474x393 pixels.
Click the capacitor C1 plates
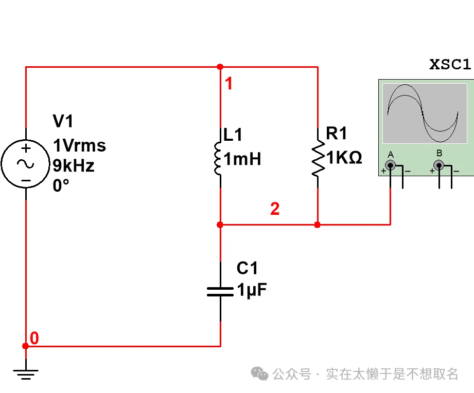pyautogui.click(x=220, y=291)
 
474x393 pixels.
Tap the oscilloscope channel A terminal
pyautogui.click(x=391, y=165)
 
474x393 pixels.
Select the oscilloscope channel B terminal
pyautogui.click(x=439, y=165)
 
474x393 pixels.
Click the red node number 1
pyautogui.click(x=229, y=84)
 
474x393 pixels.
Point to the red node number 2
pyautogui.click(x=275, y=209)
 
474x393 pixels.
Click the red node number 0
pyautogui.click(x=34, y=338)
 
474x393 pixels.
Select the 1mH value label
pyautogui.click(x=242, y=159)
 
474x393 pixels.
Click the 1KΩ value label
pyautogui.click(x=344, y=158)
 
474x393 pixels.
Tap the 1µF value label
pyautogui.click(x=252, y=290)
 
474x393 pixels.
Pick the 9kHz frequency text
pyautogui.click(x=74, y=165)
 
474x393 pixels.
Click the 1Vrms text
pyautogui.click(x=79, y=146)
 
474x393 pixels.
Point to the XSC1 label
pyautogui.click(x=450, y=65)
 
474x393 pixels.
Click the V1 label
pyautogui.click(x=63, y=122)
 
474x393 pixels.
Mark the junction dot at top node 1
pyautogui.click(x=220, y=67)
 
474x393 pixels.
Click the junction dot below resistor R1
pyautogui.click(x=318, y=224)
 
